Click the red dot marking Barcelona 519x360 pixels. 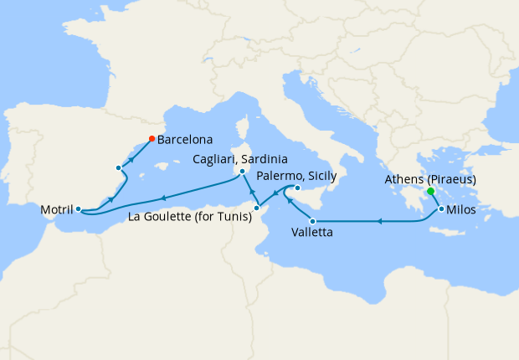point(151,138)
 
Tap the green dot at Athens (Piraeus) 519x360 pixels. point(430,192)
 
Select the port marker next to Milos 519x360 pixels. point(441,209)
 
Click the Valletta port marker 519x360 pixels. point(312,221)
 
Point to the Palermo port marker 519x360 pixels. point(297,188)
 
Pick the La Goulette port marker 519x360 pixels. point(255,207)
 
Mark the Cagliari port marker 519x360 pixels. point(242,172)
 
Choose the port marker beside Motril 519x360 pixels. point(77,209)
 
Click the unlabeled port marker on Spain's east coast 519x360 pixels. point(119,168)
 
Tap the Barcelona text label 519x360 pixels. point(184,140)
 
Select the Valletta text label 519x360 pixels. point(311,233)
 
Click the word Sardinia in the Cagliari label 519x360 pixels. point(264,159)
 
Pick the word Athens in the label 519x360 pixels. point(403,180)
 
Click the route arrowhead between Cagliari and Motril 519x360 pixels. point(164,198)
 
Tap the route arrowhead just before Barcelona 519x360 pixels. point(132,155)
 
